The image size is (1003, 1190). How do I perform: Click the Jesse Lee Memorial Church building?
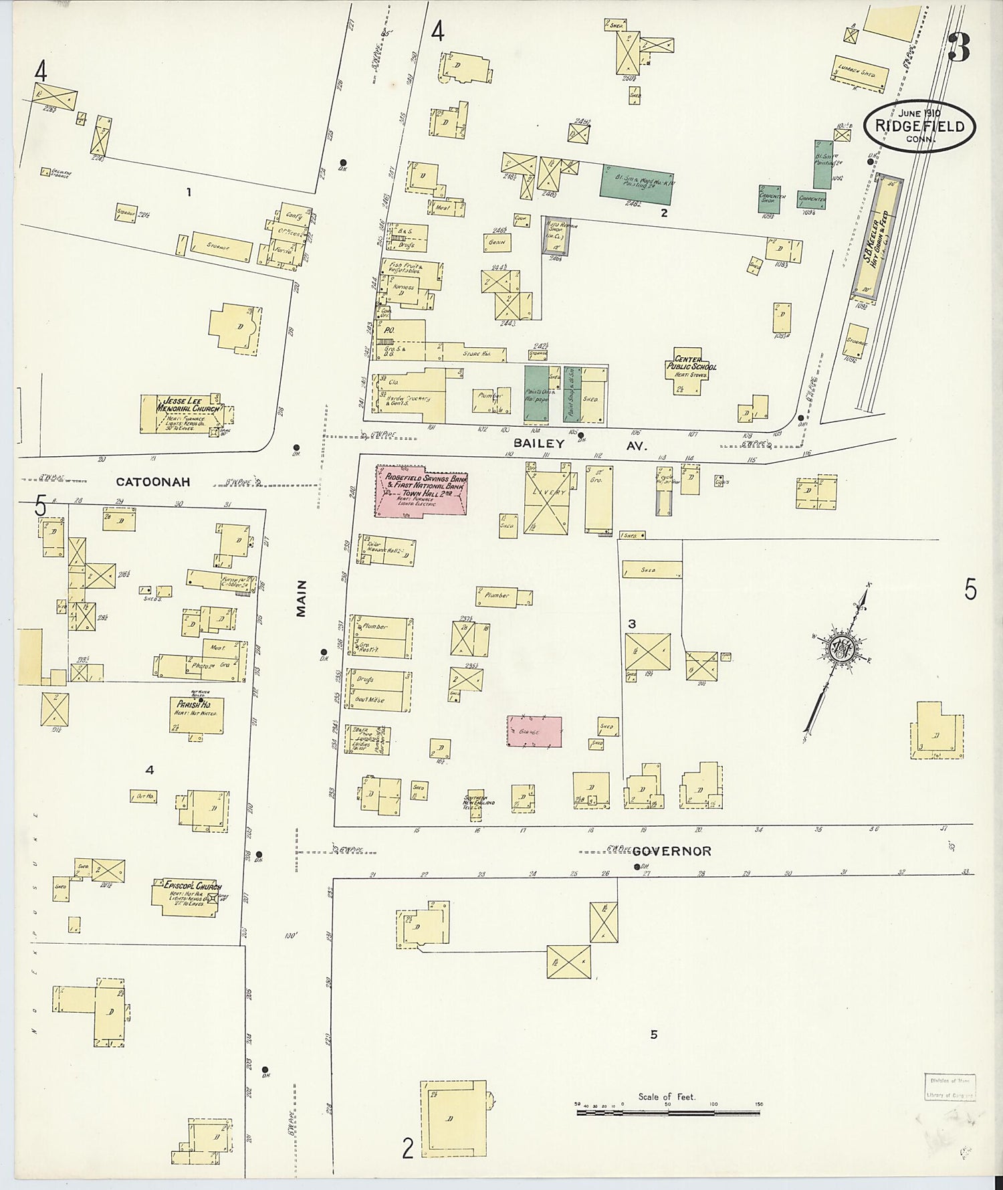pos(181,414)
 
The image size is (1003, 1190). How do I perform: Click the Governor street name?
pos(671,851)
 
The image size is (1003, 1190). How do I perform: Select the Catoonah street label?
pos(153,482)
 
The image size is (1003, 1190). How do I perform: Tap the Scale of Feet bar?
pos(668,1112)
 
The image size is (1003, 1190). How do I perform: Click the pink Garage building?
pos(534,731)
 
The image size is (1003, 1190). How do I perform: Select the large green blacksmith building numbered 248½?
pos(636,183)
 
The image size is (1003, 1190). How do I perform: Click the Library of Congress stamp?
pos(950,1087)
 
